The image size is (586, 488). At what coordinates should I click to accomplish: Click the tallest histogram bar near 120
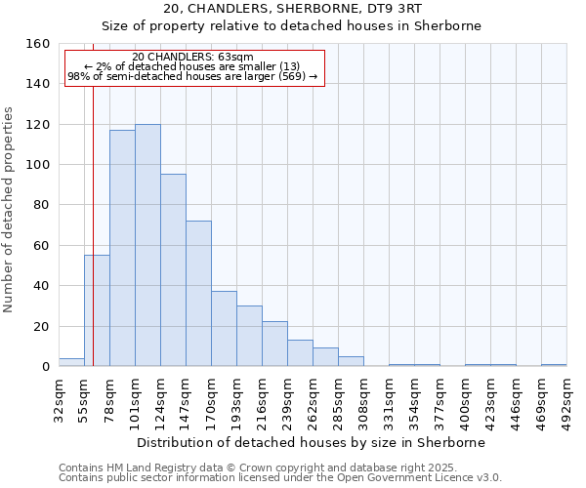coord(147,245)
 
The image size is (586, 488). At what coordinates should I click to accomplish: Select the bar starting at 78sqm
coord(122,248)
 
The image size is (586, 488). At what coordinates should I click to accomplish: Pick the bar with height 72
coord(198,293)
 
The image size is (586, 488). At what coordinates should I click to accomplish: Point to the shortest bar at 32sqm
coord(71,362)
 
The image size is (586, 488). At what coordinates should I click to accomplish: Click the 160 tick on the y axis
coord(38,44)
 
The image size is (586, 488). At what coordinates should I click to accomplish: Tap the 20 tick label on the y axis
coord(42,326)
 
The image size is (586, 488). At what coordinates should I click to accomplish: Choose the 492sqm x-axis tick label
coord(566,398)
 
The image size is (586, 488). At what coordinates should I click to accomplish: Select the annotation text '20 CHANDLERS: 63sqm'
coord(192,57)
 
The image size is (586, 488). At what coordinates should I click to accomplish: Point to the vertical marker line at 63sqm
coord(93,195)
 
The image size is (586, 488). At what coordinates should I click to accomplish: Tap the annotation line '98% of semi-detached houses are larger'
coord(192,76)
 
